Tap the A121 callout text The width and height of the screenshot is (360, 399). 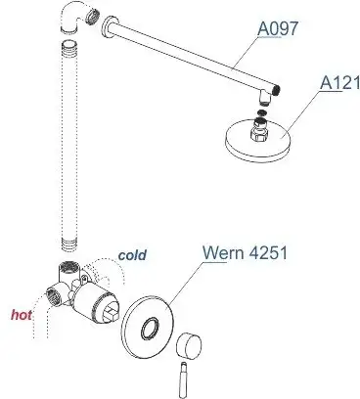point(337,86)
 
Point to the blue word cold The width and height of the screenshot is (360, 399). point(132,256)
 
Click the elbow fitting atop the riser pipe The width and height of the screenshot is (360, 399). point(75,19)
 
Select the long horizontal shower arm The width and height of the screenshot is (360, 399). point(186,53)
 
